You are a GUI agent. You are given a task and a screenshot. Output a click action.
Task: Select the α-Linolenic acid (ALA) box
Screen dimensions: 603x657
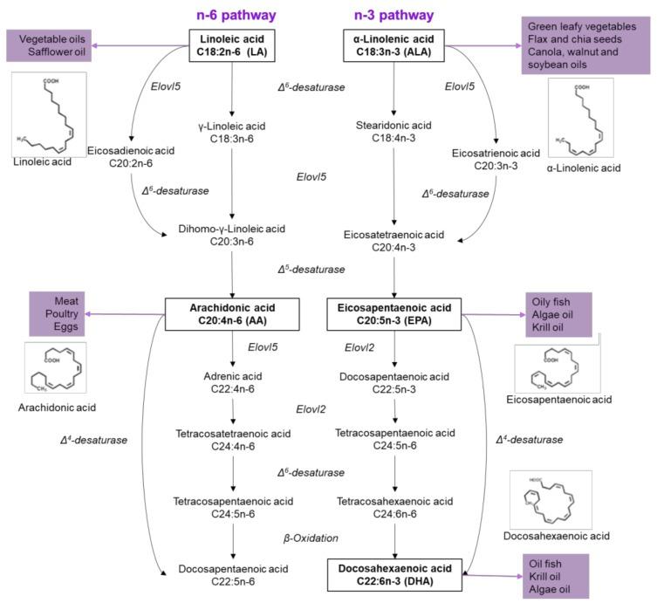click(395, 45)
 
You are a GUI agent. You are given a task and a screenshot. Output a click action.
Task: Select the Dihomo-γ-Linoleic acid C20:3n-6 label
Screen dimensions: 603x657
click(231, 236)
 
